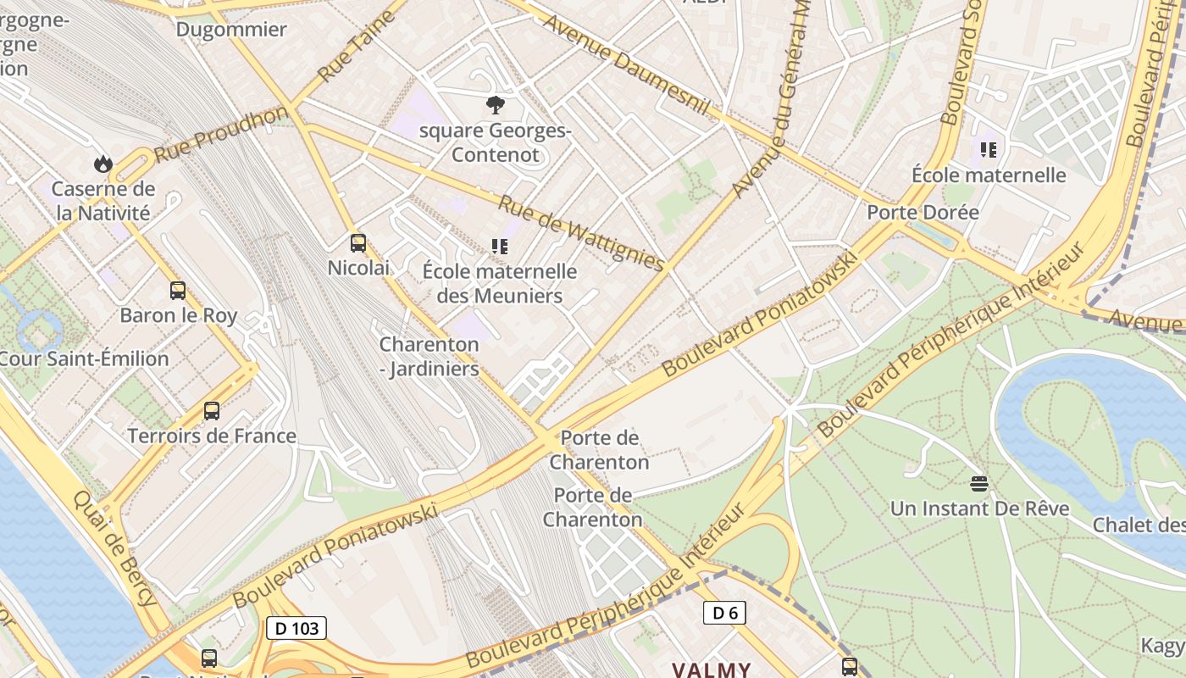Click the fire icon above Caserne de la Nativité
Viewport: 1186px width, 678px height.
click(x=103, y=163)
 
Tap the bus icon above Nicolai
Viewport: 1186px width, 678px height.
click(x=358, y=243)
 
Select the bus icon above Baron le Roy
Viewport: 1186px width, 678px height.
click(x=178, y=291)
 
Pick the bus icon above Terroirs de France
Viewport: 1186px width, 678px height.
click(x=212, y=411)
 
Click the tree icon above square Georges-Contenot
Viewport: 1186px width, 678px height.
click(x=496, y=105)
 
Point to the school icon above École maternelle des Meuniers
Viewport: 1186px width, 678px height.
click(x=500, y=247)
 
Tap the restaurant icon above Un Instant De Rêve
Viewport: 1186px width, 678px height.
click(x=979, y=484)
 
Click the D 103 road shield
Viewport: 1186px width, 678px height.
click(x=296, y=628)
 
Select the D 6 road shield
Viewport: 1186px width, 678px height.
click(x=724, y=613)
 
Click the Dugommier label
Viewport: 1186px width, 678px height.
click(x=231, y=30)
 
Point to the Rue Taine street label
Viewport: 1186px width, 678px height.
click(x=356, y=47)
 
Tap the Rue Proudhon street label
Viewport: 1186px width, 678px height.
click(x=222, y=134)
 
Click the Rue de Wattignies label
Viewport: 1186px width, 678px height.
click(x=580, y=233)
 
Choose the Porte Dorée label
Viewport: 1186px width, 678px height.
click(x=923, y=212)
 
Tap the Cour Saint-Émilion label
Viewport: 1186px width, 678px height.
click(x=85, y=358)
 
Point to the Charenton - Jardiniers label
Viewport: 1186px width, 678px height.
click(x=429, y=357)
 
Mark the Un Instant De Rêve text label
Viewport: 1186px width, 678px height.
click(x=979, y=509)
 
